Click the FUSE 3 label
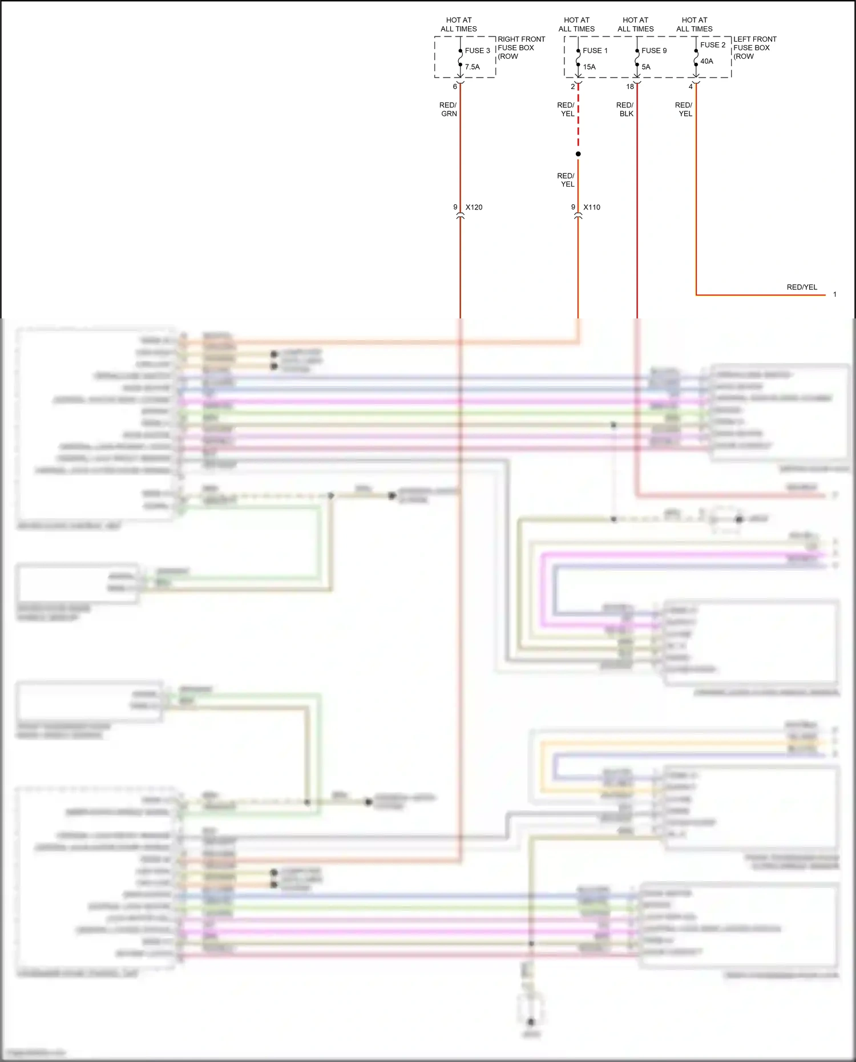coord(477,51)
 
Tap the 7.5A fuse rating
coord(472,67)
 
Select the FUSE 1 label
coord(595,51)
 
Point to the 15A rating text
coord(589,67)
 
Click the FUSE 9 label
coord(653,51)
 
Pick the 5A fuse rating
coord(645,67)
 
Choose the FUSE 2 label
coord(713,45)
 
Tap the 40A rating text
coord(706,61)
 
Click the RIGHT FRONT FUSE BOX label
coord(520,48)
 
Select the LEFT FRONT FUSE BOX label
coord(754,48)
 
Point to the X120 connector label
coord(474,207)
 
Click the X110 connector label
coord(592,207)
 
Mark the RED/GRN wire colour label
coord(449,110)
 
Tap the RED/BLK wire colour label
coord(625,110)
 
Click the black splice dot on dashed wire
coord(578,154)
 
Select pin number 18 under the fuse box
coord(630,87)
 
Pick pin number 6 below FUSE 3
coord(455,87)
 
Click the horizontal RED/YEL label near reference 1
coord(802,287)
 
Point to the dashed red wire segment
coord(578,120)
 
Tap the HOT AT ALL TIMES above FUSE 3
coord(459,25)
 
